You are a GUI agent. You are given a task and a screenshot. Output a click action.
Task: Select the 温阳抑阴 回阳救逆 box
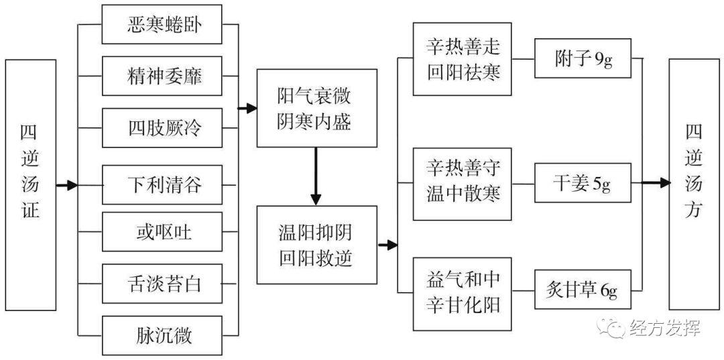pos(316,245)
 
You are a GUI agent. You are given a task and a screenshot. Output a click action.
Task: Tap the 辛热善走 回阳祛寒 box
pos(463,59)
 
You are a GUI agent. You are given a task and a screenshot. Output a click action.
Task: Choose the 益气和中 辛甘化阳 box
pos(463,293)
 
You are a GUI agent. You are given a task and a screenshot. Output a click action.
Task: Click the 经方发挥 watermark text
pos(664,328)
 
